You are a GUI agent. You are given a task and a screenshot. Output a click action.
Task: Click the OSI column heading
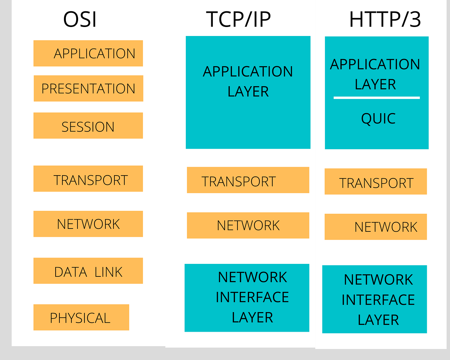[x=80, y=19]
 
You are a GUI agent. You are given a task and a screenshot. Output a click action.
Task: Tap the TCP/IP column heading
[x=238, y=19]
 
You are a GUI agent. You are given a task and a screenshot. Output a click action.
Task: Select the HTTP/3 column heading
[x=385, y=19]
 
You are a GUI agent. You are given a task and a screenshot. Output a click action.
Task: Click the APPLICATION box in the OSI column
[x=88, y=53]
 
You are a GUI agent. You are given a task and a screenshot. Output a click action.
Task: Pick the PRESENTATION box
[x=88, y=88]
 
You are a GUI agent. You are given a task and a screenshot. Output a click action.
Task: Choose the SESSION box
[x=88, y=126]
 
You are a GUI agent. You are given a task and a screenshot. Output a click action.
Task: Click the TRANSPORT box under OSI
[x=88, y=179]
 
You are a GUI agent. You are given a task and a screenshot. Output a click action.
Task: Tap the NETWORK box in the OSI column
[x=88, y=224]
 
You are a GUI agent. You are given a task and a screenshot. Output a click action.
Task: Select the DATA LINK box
[x=88, y=271]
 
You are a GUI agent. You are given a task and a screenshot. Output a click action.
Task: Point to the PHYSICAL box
[x=81, y=318]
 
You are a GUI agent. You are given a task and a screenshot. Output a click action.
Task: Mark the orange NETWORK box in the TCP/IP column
[x=248, y=225]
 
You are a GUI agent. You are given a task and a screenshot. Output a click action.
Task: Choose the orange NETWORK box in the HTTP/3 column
[x=375, y=227]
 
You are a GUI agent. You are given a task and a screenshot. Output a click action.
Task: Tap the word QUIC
[x=378, y=119]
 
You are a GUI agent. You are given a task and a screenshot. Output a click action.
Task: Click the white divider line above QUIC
[x=376, y=98]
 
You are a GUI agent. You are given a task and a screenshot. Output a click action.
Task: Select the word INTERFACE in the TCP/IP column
[x=252, y=297]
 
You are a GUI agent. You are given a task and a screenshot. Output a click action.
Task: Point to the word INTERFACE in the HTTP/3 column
[x=378, y=300]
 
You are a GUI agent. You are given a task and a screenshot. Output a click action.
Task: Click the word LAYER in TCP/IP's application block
[x=248, y=92]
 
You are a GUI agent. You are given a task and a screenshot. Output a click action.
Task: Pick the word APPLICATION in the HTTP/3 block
[x=375, y=64]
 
